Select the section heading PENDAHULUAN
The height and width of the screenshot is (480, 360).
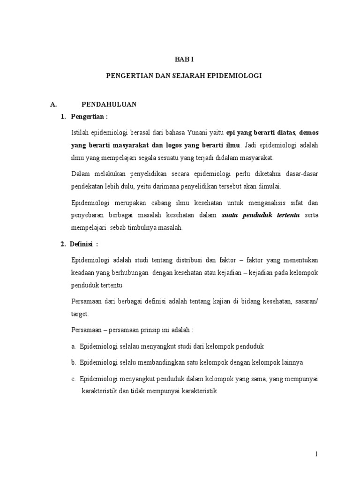tap(109, 104)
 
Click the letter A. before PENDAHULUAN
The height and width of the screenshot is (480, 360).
tap(53, 104)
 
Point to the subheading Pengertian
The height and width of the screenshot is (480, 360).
tap(89, 116)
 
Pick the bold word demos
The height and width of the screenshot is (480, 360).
tap(309, 132)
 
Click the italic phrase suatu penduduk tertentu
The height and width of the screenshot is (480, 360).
tap(261, 216)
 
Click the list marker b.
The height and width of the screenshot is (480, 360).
tap(74, 362)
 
